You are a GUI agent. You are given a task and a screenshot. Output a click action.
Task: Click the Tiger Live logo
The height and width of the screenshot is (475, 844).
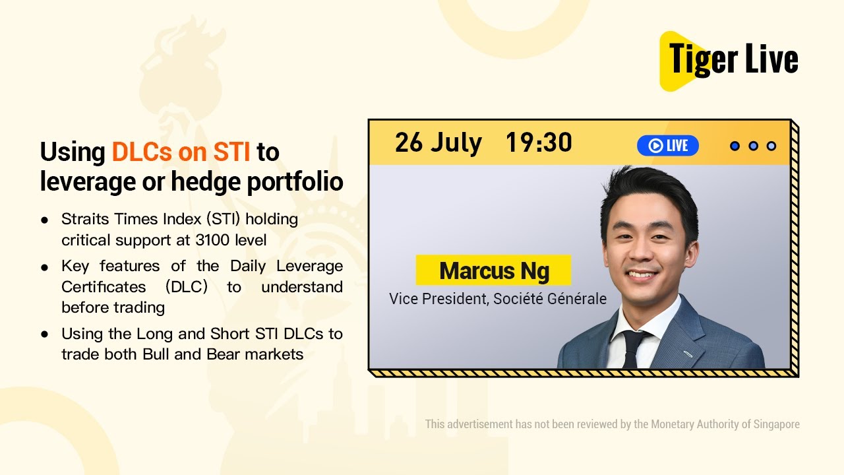click(x=729, y=60)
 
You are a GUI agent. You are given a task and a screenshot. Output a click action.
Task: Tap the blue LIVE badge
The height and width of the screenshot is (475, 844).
click(x=667, y=146)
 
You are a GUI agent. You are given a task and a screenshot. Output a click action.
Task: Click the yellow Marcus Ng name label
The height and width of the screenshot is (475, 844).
click(x=493, y=270)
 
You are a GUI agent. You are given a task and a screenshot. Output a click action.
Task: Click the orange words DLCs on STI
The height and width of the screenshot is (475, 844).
click(x=181, y=152)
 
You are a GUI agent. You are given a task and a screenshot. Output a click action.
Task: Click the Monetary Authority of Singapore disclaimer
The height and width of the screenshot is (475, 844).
click(x=612, y=424)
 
